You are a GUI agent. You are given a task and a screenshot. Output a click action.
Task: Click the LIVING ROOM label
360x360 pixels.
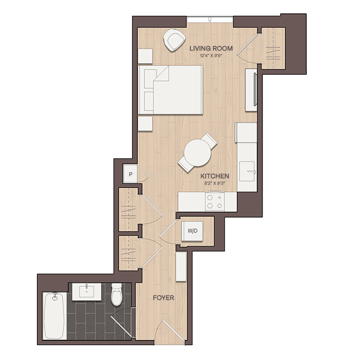[211, 48]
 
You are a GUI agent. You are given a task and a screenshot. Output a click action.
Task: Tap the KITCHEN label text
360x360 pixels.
[215, 176]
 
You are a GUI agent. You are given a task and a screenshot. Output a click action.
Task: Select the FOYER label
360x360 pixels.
[163, 298]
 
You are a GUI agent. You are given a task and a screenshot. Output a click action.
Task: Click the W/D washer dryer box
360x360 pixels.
[192, 231]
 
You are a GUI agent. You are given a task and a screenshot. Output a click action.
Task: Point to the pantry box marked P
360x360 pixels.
[130, 174]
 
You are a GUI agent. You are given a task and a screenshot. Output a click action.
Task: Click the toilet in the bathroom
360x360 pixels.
[117, 294]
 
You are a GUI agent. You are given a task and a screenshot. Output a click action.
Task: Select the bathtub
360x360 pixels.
[54, 316]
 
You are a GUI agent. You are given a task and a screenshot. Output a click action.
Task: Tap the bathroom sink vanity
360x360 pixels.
[86, 292]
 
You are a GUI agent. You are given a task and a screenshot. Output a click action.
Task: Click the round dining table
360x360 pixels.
[198, 153]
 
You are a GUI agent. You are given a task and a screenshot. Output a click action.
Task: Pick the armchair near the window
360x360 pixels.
[174, 40]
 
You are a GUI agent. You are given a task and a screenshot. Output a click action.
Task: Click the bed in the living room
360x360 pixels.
[170, 90]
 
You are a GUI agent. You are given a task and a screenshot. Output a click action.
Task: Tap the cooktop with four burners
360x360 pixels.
[215, 201]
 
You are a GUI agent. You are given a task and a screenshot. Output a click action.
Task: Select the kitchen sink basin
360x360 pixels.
[247, 171]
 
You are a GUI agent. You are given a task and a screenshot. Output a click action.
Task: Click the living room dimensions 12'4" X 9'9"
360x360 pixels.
[211, 55]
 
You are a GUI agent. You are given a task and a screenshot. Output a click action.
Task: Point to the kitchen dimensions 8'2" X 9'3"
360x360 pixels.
[215, 183]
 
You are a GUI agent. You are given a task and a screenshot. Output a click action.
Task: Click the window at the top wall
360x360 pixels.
[210, 19]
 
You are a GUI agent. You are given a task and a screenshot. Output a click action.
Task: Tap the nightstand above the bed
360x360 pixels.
[145, 56]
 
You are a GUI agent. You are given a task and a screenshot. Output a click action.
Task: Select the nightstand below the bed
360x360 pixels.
[145, 124]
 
